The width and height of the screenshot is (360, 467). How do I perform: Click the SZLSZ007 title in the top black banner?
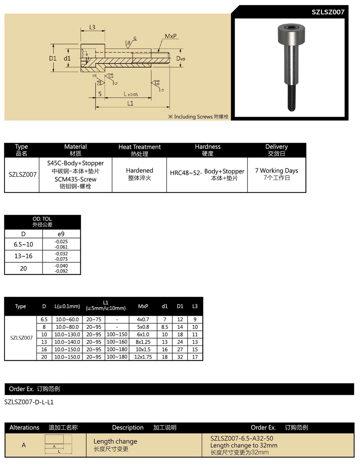pos(328,12)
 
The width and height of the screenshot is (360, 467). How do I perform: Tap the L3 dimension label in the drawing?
pos(92,27)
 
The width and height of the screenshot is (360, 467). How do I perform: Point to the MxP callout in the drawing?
pos(171,36)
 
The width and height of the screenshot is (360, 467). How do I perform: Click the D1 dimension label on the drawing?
pos(53,58)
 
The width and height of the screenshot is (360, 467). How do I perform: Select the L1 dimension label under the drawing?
pos(130,103)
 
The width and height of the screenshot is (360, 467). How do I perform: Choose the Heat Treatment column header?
pos(139,150)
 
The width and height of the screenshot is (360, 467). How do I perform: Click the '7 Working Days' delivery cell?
pos(276,174)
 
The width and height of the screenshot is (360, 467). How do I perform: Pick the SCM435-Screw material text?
pos(75,179)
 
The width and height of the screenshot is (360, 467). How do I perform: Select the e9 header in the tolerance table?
pos(61,234)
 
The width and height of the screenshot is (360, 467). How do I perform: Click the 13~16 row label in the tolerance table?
pos(23,256)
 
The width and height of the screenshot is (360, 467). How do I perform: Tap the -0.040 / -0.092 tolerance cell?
pos(61,268)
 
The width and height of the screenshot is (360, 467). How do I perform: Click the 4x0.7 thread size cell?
pos(143,319)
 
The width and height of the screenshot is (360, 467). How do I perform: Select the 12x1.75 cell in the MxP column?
pos(143,357)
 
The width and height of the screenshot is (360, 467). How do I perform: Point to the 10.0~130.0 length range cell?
pos(67,335)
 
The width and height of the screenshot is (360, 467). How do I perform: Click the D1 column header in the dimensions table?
pos(180,307)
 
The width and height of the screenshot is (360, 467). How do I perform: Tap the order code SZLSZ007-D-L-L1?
pos(29,402)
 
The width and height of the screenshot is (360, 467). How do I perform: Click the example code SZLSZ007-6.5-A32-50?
pos(242,439)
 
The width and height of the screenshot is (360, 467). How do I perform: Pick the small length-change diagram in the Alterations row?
pos(58,444)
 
